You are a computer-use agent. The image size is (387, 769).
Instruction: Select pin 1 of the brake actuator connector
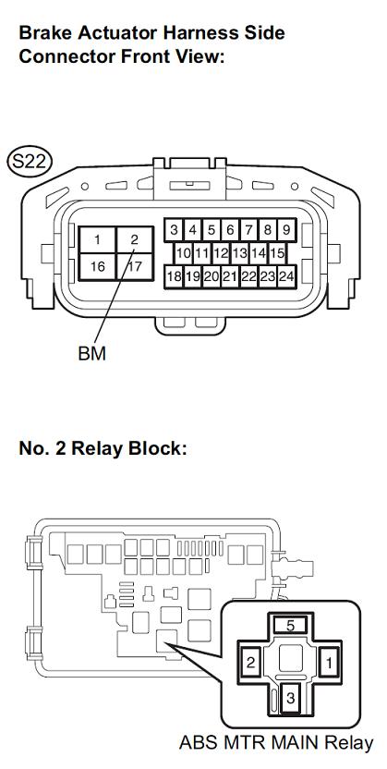[98, 239]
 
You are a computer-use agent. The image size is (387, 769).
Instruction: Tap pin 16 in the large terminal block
[98, 266]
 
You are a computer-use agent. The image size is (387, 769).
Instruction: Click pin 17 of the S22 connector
[135, 266]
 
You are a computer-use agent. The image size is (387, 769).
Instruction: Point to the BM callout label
[91, 353]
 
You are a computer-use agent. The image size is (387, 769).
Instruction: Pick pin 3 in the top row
[174, 229]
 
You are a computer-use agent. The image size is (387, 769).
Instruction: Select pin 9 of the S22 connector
[286, 229]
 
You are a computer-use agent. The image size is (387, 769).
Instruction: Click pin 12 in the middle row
[221, 253]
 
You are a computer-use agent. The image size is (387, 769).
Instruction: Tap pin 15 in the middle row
[277, 253]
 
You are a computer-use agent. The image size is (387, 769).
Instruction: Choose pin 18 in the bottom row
[174, 276]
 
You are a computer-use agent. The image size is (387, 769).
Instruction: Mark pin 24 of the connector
[286, 276]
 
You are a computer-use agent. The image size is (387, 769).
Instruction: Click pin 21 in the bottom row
[230, 276]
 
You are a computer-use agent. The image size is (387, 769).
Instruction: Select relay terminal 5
[290, 626]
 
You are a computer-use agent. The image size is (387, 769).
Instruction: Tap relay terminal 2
[251, 664]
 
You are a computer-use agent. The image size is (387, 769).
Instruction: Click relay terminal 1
[329, 664]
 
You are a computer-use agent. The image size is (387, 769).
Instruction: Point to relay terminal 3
[291, 698]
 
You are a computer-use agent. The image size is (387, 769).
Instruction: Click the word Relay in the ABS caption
[349, 743]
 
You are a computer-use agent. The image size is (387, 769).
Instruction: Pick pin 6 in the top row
[230, 229]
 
